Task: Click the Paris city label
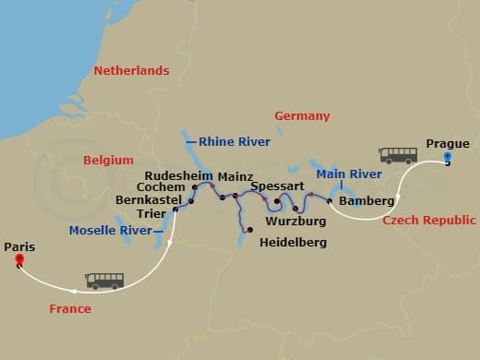(x=20, y=246)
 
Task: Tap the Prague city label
(x=448, y=143)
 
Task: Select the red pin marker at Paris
(x=18, y=261)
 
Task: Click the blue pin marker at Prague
(x=448, y=158)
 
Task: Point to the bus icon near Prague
(x=398, y=155)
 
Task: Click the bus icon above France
(x=104, y=281)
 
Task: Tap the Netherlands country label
(x=131, y=71)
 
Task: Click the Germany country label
(x=302, y=116)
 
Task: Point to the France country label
(x=70, y=309)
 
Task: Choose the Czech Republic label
(x=429, y=221)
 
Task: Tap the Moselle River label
(x=111, y=230)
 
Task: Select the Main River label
(x=349, y=174)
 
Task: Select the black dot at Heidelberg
(x=249, y=229)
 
